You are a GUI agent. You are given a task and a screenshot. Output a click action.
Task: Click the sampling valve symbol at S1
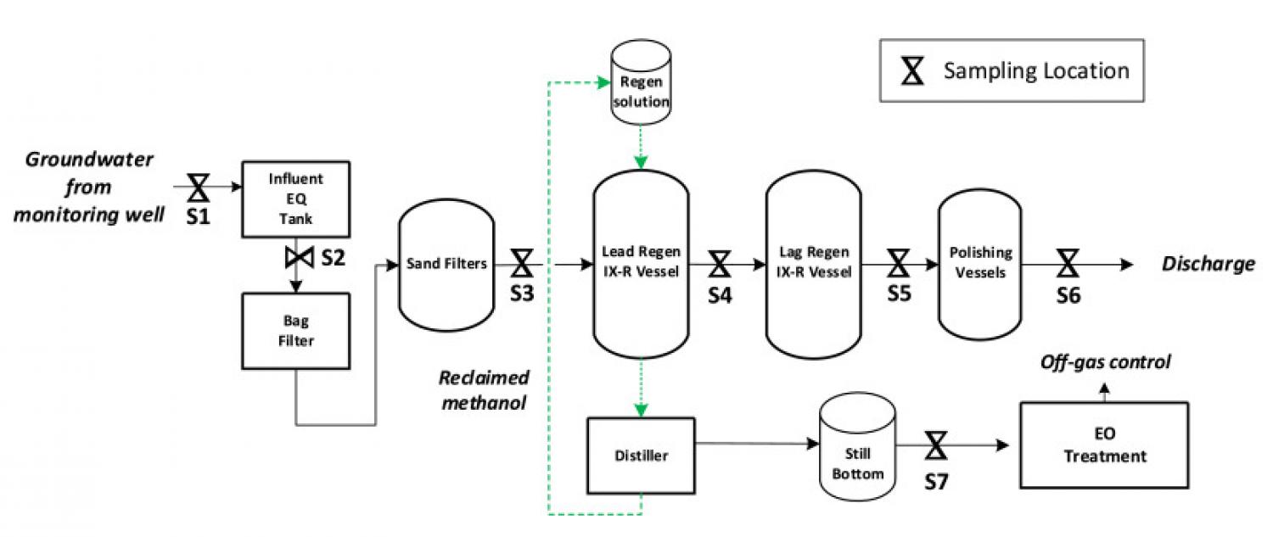coord(199,185)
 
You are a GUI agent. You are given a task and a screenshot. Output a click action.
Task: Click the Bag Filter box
coord(295,331)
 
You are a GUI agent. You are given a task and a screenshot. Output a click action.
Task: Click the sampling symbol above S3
coord(521,264)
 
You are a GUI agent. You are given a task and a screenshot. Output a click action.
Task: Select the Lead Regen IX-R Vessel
coord(641,264)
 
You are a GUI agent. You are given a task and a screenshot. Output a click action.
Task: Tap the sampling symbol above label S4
coord(720,264)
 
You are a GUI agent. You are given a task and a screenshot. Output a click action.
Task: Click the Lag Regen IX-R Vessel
coord(814,264)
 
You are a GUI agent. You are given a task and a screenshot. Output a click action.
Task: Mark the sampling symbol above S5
coord(898,264)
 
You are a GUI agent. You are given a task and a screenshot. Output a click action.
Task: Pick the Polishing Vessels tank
coord(979,264)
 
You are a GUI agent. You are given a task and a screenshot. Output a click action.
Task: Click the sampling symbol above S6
coord(1068,264)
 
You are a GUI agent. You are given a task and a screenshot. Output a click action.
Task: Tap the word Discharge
coord(1208,264)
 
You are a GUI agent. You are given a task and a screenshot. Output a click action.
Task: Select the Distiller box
coord(641,456)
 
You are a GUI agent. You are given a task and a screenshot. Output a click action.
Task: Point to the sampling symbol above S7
coord(937,445)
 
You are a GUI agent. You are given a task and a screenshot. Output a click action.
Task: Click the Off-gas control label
coord(1105,362)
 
